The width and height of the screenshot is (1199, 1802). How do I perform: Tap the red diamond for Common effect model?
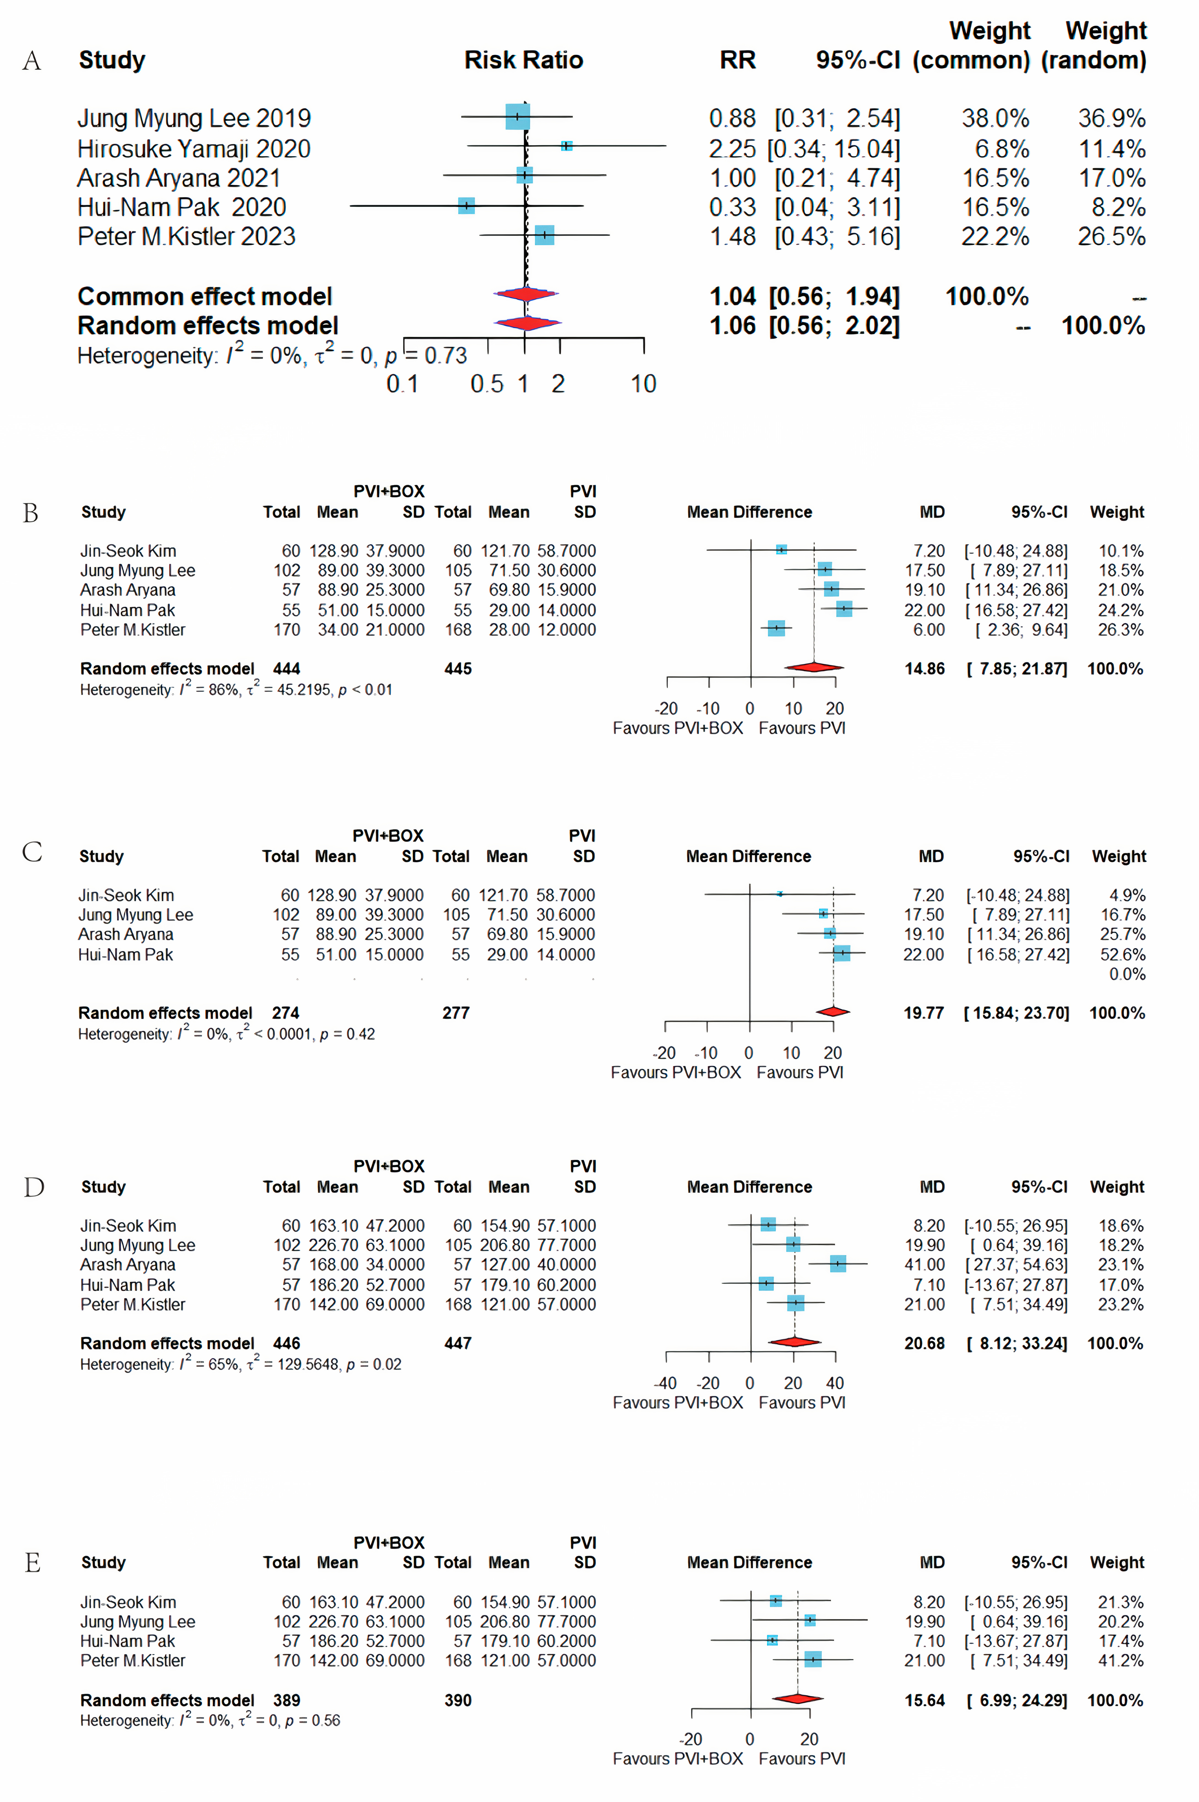click(x=526, y=294)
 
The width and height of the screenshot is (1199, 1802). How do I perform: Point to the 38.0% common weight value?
click(x=995, y=119)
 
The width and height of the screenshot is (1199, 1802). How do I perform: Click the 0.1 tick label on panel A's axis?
click(x=402, y=384)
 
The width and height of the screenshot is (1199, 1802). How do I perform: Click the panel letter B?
click(x=31, y=513)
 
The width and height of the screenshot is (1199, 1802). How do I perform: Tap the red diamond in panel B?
click(x=814, y=667)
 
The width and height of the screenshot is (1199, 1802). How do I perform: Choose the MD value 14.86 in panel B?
click(x=924, y=669)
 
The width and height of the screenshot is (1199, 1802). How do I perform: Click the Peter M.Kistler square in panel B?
click(x=776, y=628)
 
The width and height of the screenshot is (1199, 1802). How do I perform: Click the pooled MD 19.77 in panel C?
click(x=923, y=1013)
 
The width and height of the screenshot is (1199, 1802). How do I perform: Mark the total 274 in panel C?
click(x=285, y=1013)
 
